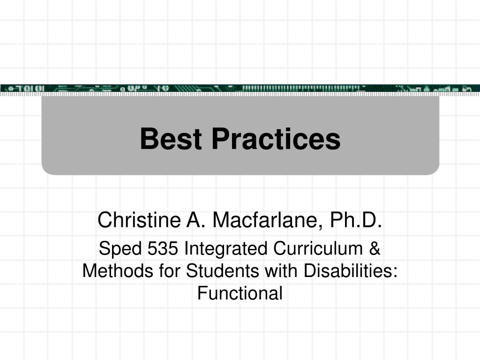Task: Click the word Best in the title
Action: pos(171,139)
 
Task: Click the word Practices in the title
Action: pos(276,139)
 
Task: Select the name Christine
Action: pos(139,220)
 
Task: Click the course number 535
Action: pos(163,248)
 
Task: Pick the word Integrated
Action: pos(226,248)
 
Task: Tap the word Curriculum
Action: pos(318,248)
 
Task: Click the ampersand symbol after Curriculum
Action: pos(375,248)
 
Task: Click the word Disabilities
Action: pos(348,271)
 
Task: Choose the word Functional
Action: pos(240,293)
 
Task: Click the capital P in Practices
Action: pos(221,139)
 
